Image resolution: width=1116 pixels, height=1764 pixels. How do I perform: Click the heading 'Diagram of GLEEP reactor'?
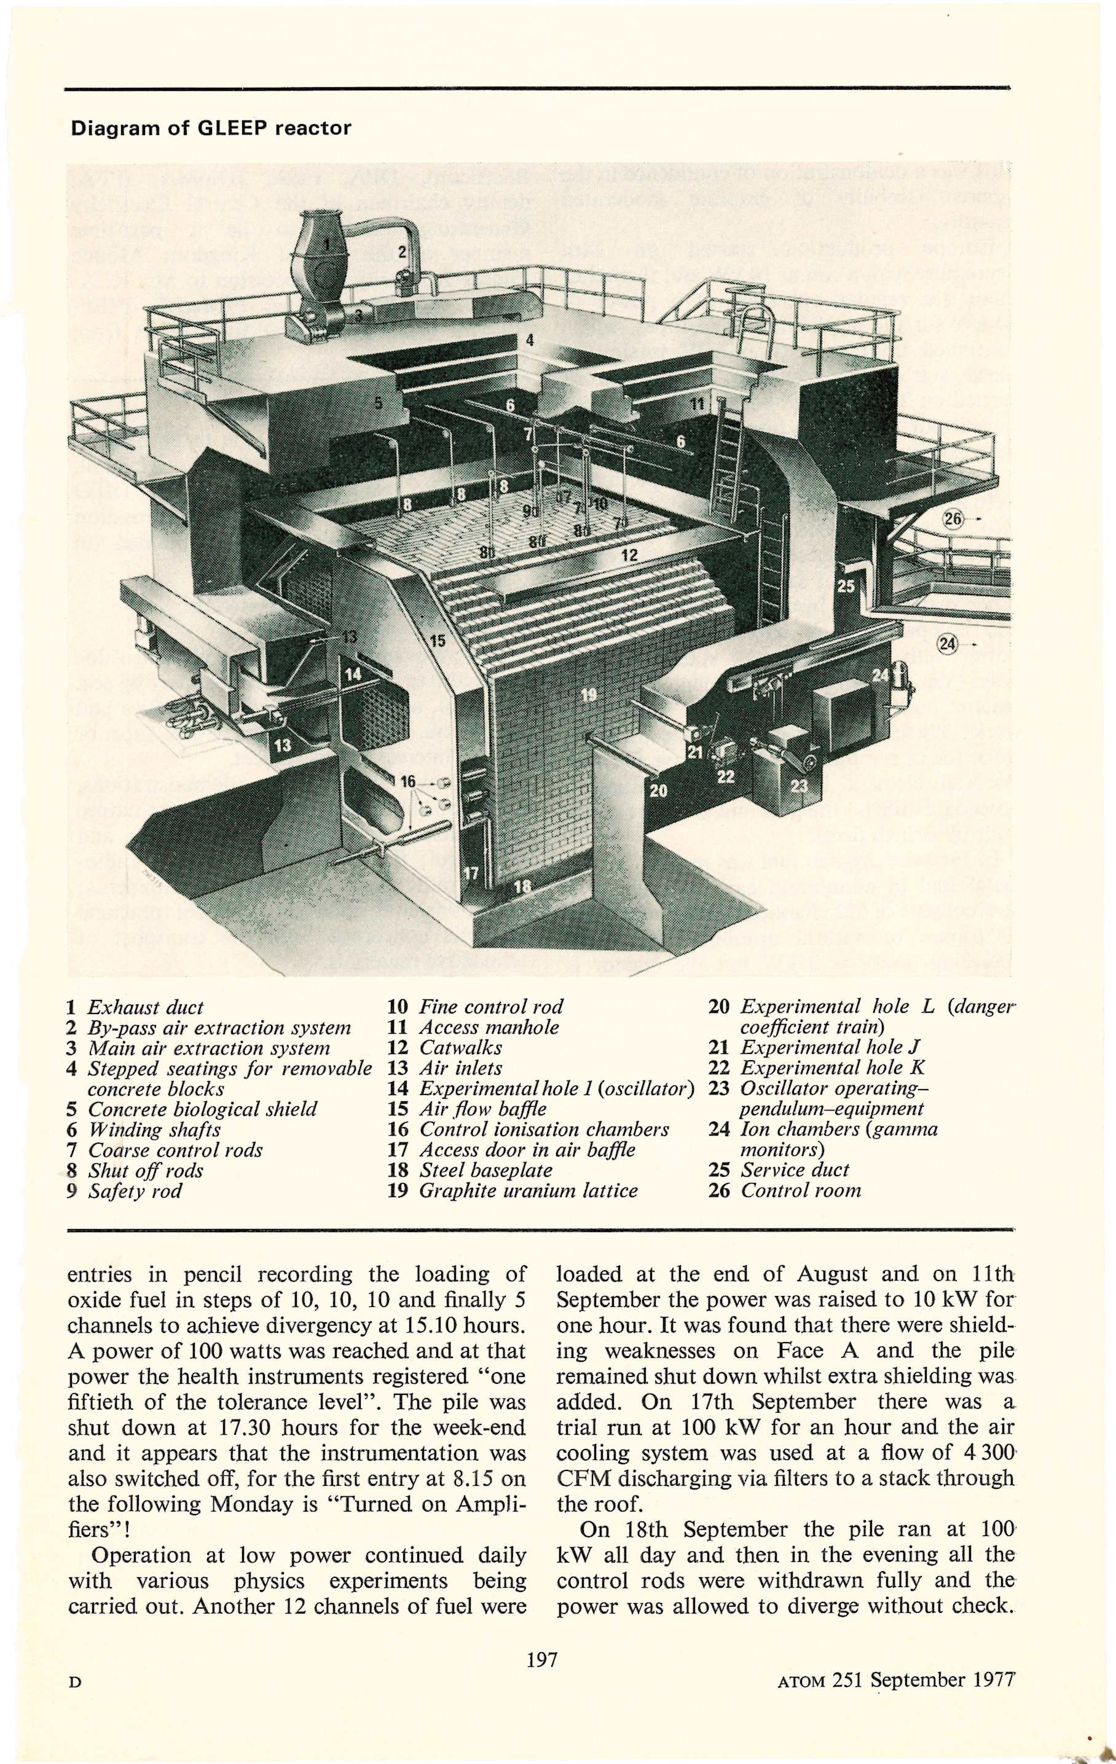pos(210,128)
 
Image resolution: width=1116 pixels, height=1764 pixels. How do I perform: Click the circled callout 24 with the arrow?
pos(948,644)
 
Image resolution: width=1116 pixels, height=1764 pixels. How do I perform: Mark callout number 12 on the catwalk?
pos(629,555)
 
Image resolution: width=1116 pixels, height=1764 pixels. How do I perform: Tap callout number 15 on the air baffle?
pos(438,641)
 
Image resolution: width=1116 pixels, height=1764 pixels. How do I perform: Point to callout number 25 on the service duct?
pos(847,586)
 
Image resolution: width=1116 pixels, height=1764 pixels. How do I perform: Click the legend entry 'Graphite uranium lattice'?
pos(528,1190)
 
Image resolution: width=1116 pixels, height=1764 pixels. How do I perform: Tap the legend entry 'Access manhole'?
pos(489,1027)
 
